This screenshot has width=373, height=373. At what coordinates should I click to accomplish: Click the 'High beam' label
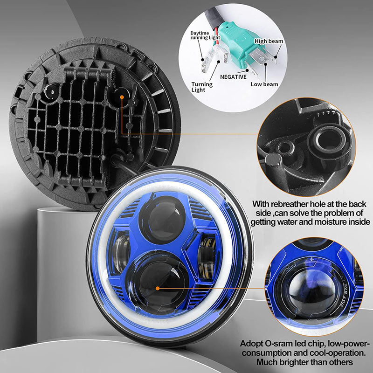point(269,41)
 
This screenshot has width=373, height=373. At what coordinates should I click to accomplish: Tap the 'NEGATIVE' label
point(233,77)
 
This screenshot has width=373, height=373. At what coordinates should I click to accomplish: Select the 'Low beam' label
point(264,84)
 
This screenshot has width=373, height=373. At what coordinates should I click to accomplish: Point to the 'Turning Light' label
point(202,87)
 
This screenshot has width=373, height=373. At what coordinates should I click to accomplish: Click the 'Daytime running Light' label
point(205,35)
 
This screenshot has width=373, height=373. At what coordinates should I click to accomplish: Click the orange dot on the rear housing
point(122,97)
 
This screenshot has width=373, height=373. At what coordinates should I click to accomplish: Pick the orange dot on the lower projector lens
point(158,288)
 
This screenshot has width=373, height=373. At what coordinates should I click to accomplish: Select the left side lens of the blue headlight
point(121,252)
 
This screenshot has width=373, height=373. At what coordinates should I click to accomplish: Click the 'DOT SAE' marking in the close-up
point(345,293)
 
